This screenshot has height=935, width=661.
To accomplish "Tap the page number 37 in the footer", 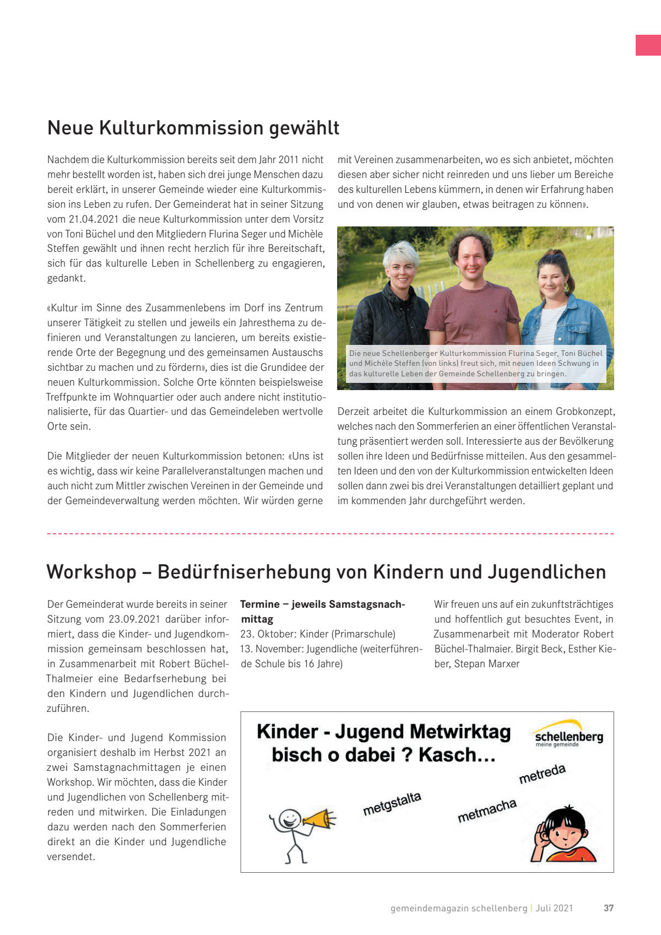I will coord(608,908).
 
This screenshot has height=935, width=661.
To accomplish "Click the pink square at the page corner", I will coord(648,45).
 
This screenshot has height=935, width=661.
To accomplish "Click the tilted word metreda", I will coord(542,774).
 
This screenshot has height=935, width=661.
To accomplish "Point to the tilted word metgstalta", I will coord(392,804).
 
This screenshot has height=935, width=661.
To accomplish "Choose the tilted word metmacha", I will coord(487,810).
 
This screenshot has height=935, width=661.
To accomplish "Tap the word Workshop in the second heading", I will coord(91,572).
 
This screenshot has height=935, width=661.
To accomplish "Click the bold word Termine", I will coord(259,604).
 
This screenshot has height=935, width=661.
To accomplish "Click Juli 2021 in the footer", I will coord(554,908).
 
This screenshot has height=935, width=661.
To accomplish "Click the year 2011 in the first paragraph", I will coord(288,160).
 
